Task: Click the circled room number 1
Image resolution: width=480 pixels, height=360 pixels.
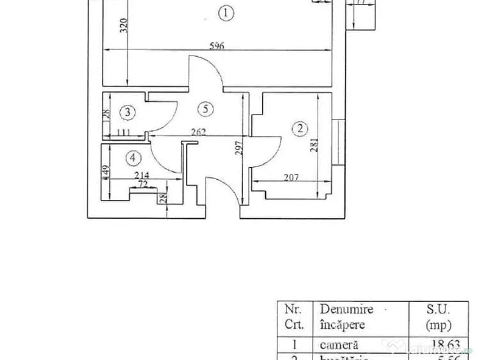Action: pyautogui.click(x=224, y=11)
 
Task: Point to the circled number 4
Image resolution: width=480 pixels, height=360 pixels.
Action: pyautogui.click(x=133, y=157)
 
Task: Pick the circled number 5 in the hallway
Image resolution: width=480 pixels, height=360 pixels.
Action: pyautogui.click(x=205, y=109)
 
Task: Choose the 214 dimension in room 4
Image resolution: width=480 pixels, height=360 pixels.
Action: pyautogui.click(x=141, y=175)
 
